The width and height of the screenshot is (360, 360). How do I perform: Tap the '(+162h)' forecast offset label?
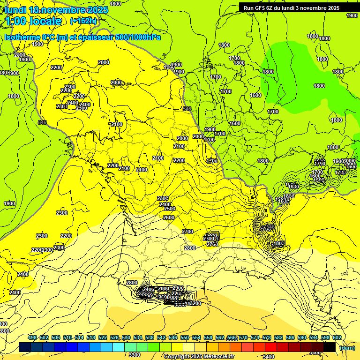point(83,21)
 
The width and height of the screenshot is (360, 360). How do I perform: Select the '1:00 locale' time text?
point(33,21)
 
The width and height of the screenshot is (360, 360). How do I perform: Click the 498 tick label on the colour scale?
point(32,337)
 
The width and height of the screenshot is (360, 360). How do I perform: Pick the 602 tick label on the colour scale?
point(337,337)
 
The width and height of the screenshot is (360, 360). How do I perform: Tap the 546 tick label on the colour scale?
point(173,337)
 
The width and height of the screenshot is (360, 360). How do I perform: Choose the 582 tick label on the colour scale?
point(278,337)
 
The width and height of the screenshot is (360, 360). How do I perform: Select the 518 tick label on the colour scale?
point(91,337)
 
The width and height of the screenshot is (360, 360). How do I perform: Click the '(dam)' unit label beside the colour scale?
point(347,347)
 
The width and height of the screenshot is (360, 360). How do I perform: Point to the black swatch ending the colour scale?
point(330,347)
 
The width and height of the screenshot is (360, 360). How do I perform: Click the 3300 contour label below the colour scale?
point(135,355)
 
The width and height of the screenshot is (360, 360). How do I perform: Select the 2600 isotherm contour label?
point(169,217)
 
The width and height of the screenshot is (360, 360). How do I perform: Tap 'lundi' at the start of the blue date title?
point(15,10)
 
